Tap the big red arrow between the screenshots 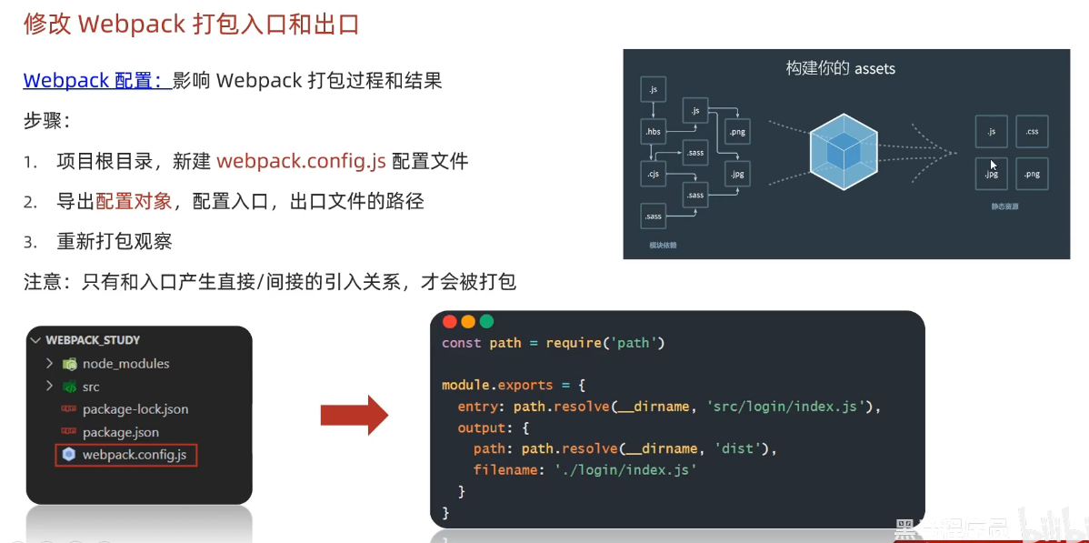[355, 416]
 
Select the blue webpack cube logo [844, 146]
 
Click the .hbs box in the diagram [654, 132]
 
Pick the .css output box [1032, 132]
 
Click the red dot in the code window [449, 321]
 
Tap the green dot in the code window [486, 321]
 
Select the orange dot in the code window [468, 321]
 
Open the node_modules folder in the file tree [125, 364]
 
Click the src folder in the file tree [91, 387]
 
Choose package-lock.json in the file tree [135, 409]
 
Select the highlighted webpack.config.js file [134, 455]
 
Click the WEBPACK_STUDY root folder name [93, 340]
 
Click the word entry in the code [478, 406]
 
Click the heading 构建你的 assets [841, 68]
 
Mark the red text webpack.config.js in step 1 [301, 162]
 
